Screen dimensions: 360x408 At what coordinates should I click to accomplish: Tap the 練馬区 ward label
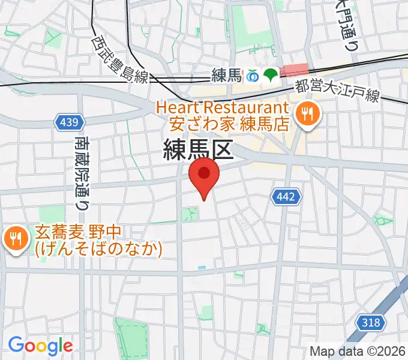coord(197,149)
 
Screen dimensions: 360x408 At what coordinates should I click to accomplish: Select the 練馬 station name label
coord(226,76)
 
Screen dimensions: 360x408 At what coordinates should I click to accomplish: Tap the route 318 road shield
coord(371,323)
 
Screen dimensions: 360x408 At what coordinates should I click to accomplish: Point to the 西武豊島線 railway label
coord(120,59)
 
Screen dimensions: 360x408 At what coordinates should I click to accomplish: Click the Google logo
coord(41,345)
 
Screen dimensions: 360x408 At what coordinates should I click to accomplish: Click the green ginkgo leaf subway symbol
coord(269,75)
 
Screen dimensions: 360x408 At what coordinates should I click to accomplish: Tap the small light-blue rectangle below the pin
coord(201,267)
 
